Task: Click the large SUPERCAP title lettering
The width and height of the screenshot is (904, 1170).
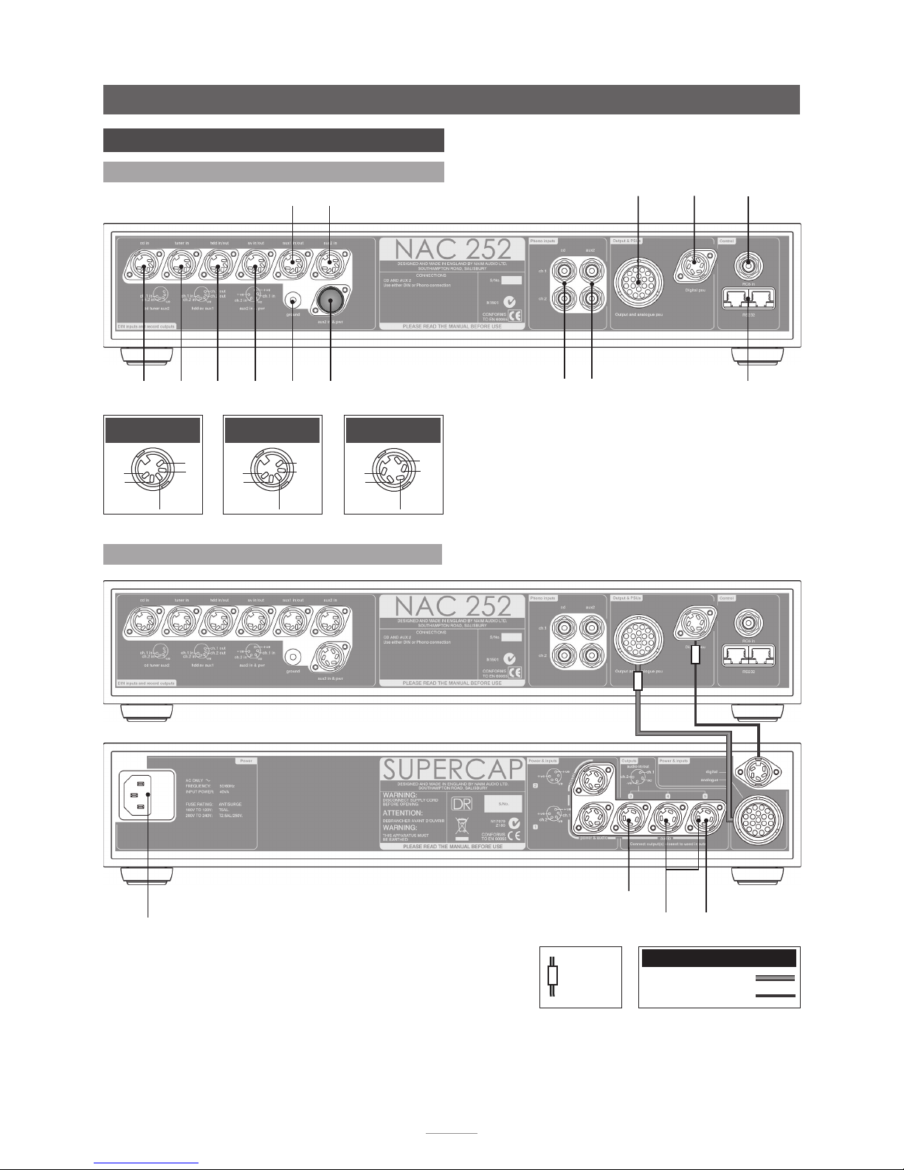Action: click(451, 768)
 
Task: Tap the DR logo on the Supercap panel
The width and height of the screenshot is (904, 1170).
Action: click(461, 803)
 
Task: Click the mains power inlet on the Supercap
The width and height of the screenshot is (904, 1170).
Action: click(139, 794)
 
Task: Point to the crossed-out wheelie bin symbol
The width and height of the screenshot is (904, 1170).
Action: click(461, 826)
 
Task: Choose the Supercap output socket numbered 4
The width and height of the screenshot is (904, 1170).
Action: click(667, 822)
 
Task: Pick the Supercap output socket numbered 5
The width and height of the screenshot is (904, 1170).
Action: click(706, 822)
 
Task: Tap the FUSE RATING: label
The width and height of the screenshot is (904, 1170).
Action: click(201, 802)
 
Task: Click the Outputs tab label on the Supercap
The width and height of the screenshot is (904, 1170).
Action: click(629, 760)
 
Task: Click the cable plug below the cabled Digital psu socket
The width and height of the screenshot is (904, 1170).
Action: click(695, 655)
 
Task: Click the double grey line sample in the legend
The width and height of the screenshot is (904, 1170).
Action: click(774, 978)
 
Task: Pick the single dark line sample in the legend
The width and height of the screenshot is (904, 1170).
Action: click(774, 996)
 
